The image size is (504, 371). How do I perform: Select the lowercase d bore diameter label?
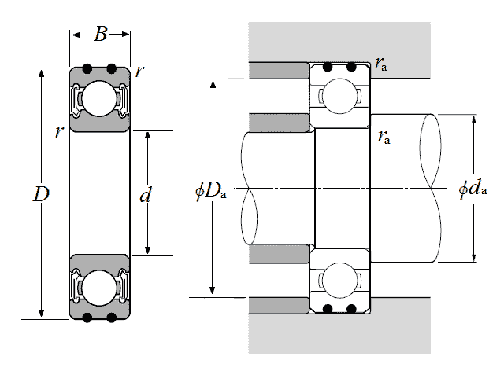(x=145, y=195)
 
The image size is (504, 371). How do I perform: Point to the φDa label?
(x=210, y=190)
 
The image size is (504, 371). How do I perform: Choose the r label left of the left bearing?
(x=59, y=132)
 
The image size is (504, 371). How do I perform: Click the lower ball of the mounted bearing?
(x=339, y=281)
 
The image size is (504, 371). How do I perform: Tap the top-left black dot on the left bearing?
(x=88, y=67)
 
